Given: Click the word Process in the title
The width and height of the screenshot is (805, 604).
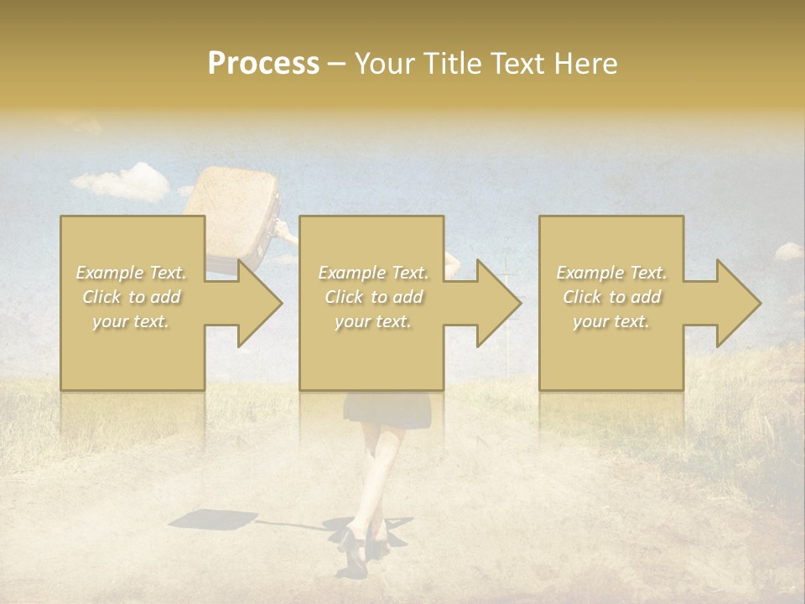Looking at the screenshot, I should (263, 64).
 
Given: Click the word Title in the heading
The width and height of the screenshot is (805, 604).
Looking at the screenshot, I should (450, 64).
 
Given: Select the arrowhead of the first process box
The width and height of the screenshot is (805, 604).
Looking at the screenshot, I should (257, 303).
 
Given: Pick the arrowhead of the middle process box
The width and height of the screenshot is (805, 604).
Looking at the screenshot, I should (496, 303).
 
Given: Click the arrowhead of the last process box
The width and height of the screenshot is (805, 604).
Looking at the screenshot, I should (736, 303).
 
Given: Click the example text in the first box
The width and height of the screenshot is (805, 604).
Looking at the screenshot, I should (132, 297).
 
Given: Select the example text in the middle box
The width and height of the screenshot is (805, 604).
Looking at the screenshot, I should (372, 297).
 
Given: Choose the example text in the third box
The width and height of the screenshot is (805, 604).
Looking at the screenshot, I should (611, 297).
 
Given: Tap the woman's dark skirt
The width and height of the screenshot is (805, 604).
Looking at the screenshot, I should (387, 408).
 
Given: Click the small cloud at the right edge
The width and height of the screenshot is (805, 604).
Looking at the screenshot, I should (788, 251).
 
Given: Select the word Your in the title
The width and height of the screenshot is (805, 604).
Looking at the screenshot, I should (385, 64).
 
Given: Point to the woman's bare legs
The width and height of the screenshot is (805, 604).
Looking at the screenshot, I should (377, 470).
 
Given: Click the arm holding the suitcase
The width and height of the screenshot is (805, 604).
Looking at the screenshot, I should (286, 236).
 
